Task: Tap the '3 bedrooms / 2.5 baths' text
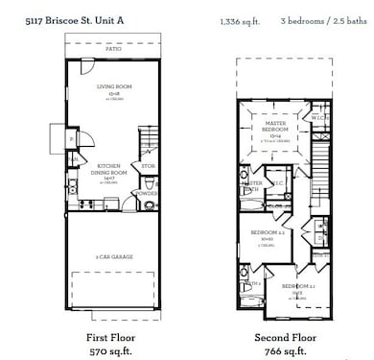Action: [324, 19]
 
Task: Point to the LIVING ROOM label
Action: [112, 87]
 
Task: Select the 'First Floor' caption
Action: [112, 338]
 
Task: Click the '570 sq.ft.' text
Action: [112, 351]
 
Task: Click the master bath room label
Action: [251, 186]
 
